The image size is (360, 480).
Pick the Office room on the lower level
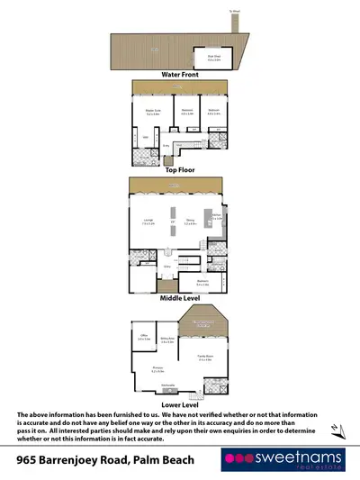[142, 340]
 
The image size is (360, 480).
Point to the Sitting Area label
[166, 341]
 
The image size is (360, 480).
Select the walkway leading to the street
[234, 23]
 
